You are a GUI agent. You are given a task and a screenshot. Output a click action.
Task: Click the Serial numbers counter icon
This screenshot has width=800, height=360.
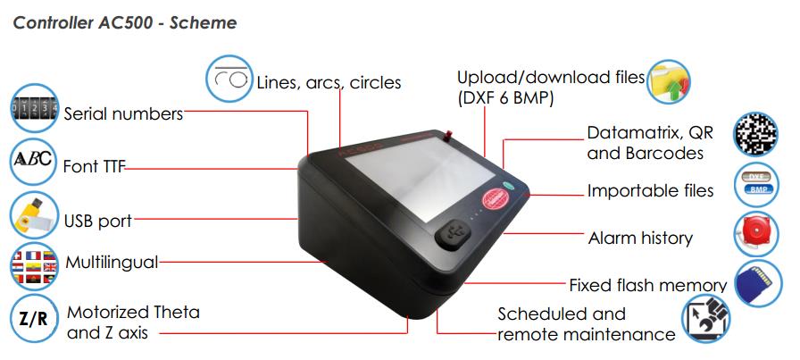click(34, 108)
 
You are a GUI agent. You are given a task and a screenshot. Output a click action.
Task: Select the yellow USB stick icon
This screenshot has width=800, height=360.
click(34, 215)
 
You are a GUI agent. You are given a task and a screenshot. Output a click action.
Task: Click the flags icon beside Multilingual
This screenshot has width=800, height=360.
click(34, 266)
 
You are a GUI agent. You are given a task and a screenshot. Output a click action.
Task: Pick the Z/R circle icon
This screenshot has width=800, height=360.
click(34, 318)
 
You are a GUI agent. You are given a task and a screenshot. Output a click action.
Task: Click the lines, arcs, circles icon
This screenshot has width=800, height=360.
click(229, 79)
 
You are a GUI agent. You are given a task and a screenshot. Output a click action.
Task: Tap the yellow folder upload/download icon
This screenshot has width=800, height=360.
click(669, 81)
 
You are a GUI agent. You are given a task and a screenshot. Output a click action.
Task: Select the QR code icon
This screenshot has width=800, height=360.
click(755, 134)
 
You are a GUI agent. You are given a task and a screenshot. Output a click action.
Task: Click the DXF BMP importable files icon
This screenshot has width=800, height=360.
click(756, 184)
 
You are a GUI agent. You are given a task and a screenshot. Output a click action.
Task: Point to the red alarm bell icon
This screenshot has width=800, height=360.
click(756, 234)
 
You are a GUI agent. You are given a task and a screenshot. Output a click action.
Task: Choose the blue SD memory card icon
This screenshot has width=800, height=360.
click(759, 283)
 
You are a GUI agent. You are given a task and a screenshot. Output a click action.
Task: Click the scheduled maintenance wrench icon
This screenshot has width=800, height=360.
click(706, 319)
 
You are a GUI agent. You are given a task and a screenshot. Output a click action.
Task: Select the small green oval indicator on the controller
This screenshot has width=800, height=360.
click(509, 186)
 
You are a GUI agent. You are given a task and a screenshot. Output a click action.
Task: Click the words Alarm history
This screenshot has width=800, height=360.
click(640, 238)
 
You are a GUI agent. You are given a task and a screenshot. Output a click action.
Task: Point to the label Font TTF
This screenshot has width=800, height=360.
click(94, 166)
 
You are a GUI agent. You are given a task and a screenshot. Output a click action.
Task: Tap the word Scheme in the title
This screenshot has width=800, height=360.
click(203, 22)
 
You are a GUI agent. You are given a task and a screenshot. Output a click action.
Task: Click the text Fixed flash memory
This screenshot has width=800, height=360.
click(648, 285)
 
